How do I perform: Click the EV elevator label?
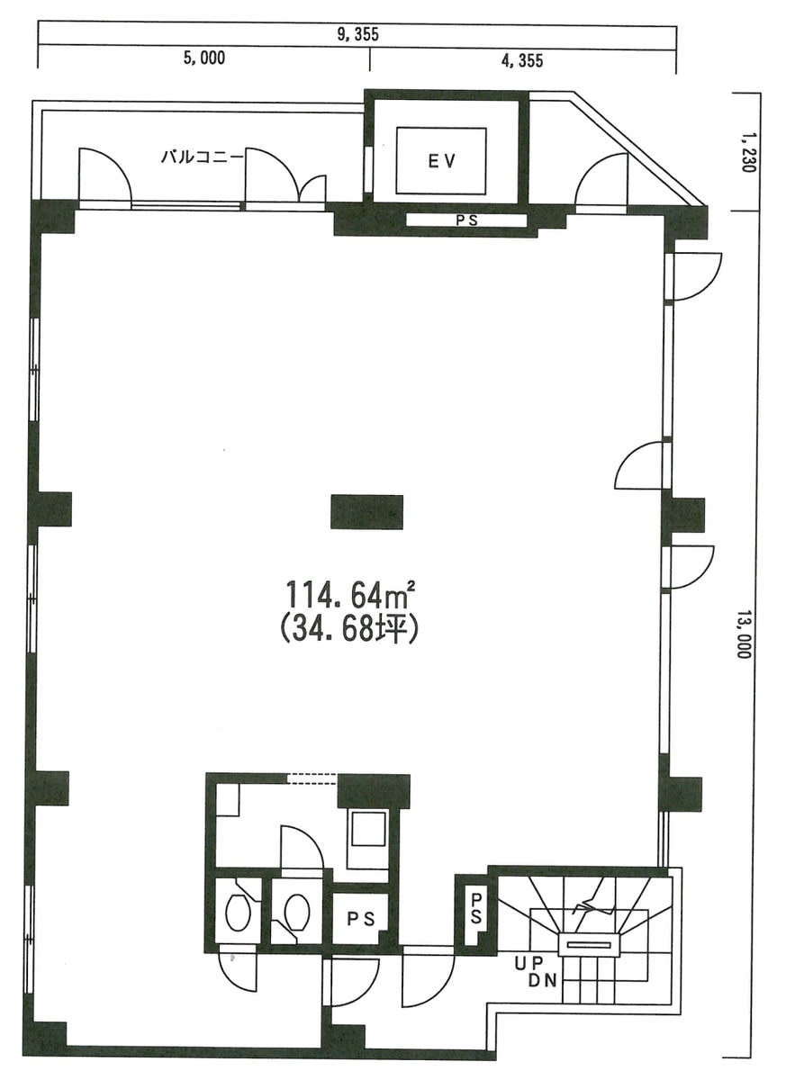point(441,161)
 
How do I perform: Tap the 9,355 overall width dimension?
point(358,34)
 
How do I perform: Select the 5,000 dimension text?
point(204,58)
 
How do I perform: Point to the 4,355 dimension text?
point(522,60)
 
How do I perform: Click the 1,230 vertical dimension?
point(745,153)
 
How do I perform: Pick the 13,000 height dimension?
point(744,634)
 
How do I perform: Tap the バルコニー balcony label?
point(201,157)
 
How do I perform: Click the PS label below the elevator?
point(467,220)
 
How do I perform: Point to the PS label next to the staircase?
point(476,908)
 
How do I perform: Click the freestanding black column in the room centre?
point(366,511)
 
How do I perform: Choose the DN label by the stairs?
point(543,980)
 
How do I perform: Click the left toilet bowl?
point(239,913)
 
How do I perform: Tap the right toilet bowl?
point(297,912)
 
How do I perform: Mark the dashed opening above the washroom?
point(312,779)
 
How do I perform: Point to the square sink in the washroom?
point(369,828)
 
